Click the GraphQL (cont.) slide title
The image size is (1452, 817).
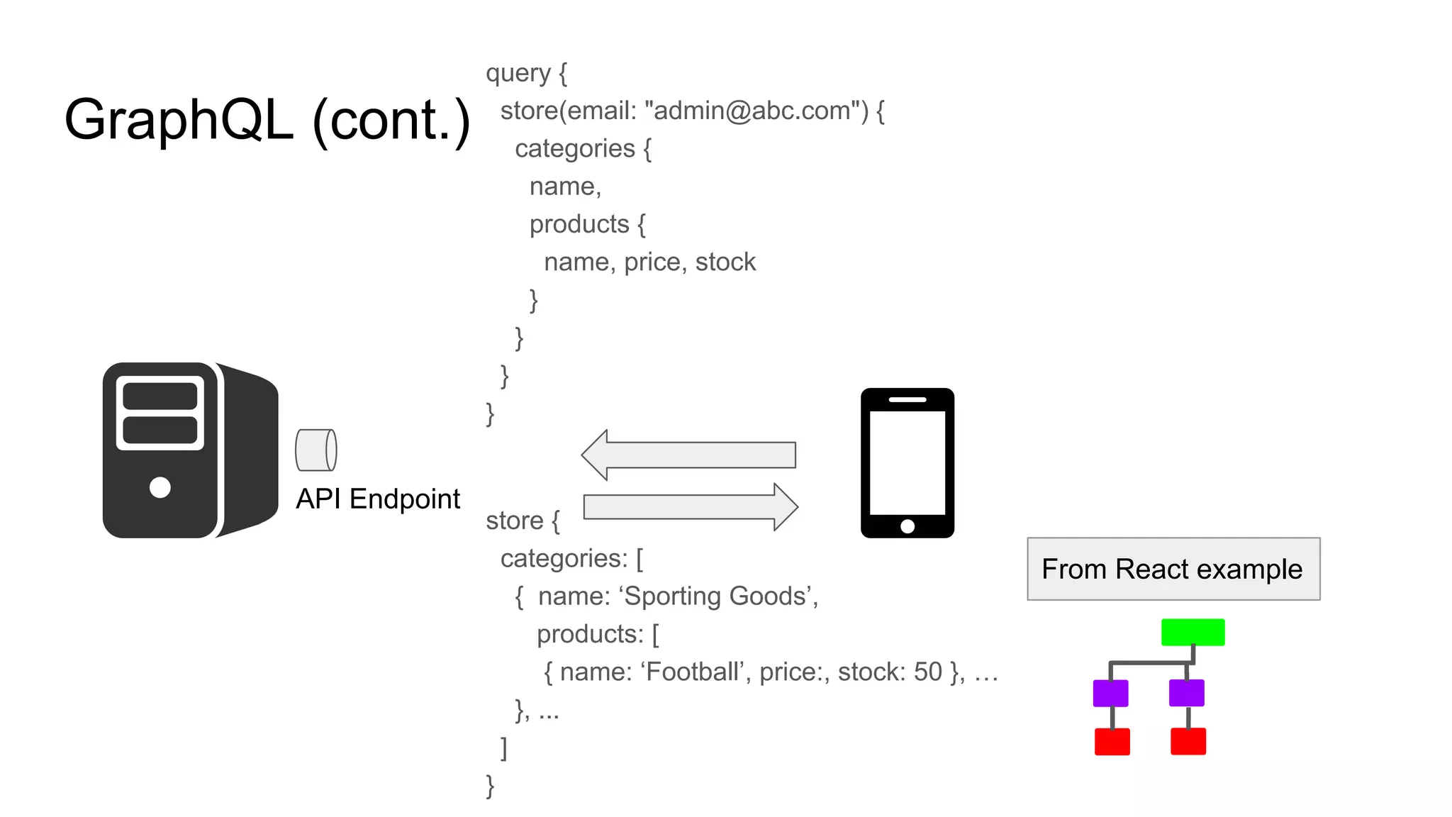pyautogui.click(x=267, y=120)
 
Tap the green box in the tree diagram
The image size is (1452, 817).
pyautogui.click(x=1193, y=632)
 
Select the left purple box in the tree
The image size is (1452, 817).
pyautogui.click(x=1110, y=693)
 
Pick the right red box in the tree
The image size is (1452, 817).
pyautogui.click(x=1188, y=742)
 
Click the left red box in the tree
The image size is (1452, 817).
pyautogui.click(x=1112, y=742)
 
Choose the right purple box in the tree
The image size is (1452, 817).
pyautogui.click(x=1186, y=693)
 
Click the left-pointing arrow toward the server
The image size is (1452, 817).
pyautogui.click(x=688, y=455)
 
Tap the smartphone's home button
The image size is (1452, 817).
pyautogui.click(x=907, y=526)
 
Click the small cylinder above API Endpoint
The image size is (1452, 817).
pyautogui.click(x=315, y=450)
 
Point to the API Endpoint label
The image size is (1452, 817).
pyautogui.click(x=378, y=499)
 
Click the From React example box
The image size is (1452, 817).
pyautogui.click(x=1173, y=569)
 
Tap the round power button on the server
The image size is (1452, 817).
pyautogui.click(x=160, y=487)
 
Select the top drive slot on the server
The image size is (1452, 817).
pyautogui.click(x=160, y=396)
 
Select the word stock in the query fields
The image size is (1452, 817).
pyautogui.click(x=725, y=262)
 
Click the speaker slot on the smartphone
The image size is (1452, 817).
pyautogui.click(x=907, y=400)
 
